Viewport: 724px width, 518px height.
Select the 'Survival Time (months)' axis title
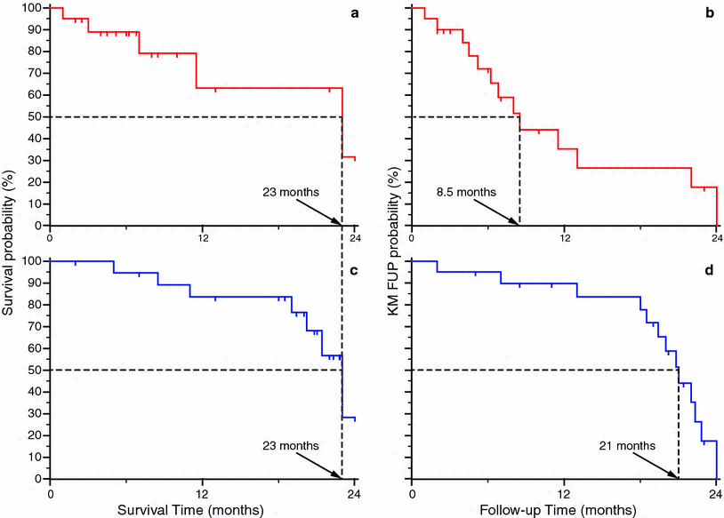pyautogui.click(x=202, y=510)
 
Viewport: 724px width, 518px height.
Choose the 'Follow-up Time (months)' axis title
pyautogui.click(x=563, y=510)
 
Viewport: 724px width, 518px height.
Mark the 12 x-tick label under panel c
pyautogui.click(x=203, y=492)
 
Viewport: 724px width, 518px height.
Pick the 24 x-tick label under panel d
pyautogui.click(x=716, y=492)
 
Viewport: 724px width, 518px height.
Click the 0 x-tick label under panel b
pyautogui.click(x=412, y=238)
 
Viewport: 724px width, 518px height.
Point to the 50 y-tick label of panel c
pyautogui.click(x=36, y=370)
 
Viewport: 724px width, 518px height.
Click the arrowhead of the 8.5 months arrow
pyautogui.click(x=517, y=222)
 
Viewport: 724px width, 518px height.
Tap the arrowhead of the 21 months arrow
pyautogui.click(x=676, y=475)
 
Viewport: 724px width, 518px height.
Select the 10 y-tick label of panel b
pyautogui.click(x=398, y=203)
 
